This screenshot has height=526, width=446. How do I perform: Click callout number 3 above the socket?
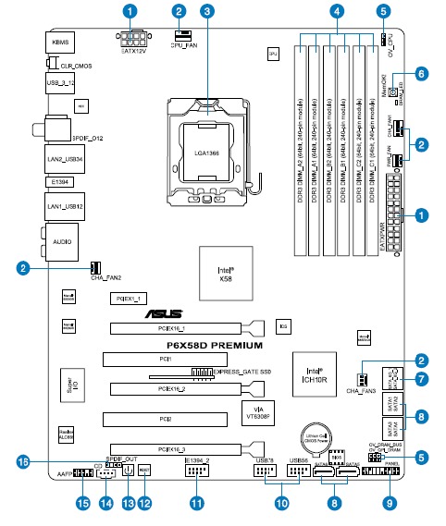tap(207, 12)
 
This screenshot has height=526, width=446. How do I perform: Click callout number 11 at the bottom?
tap(195, 503)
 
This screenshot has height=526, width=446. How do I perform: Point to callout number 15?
tap(84, 503)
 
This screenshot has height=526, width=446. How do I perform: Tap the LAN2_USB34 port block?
tap(60, 160)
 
